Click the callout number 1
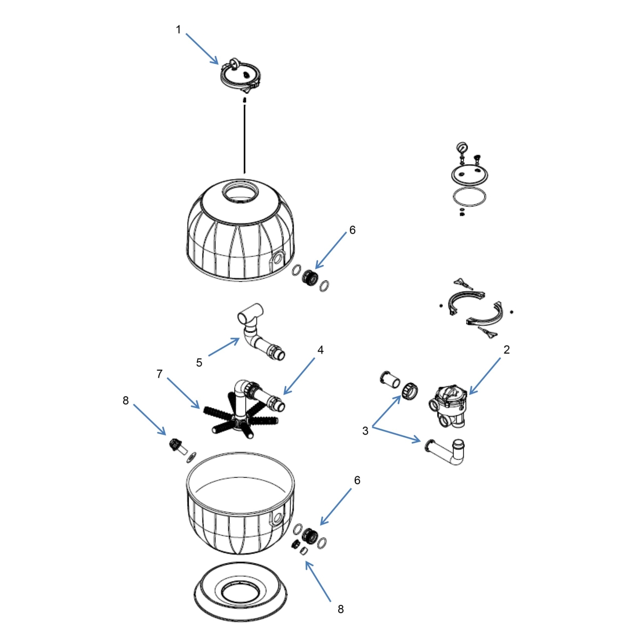[179, 30]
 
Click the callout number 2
[506, 350]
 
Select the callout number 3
[365, 431]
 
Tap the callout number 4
[321, 350]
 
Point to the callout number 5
[199, 363]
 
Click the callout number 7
[159, 374]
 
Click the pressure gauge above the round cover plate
[460, 148]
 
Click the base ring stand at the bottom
[239, 595]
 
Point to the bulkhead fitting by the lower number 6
[309, 535]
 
